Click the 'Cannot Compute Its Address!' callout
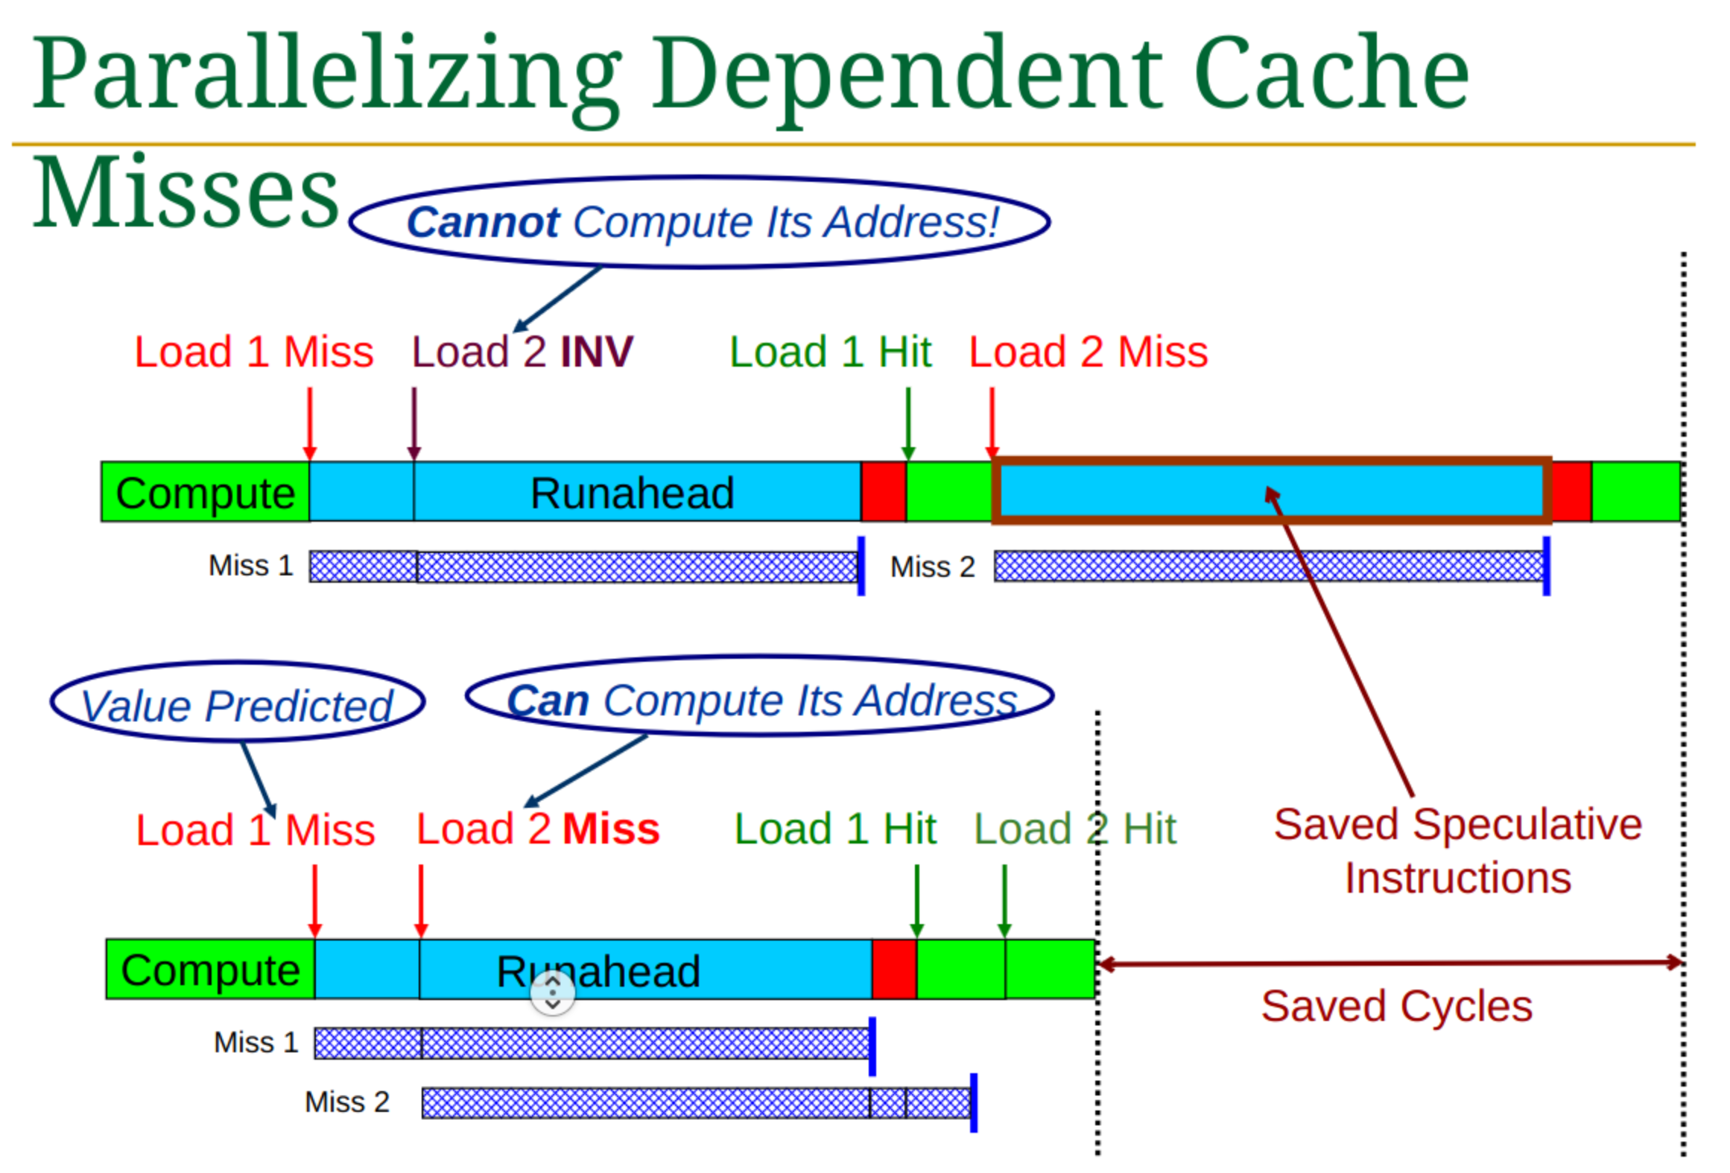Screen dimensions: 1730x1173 click(x=700, y=222)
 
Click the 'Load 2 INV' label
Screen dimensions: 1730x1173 click(x=522, y=352)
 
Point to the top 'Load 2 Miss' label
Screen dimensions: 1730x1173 click(x=1089, y=352)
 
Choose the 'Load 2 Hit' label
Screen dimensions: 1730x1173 click(x=1076, y=829)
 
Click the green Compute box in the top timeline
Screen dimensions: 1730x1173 click(x=206, y=492)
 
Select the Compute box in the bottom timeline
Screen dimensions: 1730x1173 click(x=211, y=969)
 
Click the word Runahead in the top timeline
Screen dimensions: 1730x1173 click(x=633, y=493)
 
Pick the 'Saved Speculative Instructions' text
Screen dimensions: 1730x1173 click(x=1458, y=851)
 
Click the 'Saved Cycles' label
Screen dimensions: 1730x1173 click(x=1397, y=1006)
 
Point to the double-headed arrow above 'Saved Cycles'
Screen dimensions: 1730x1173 click(x=1391, y=964)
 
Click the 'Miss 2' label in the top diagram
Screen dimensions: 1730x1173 click(x=933, y=567)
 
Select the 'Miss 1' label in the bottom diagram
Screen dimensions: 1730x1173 click(x=256, y=1042)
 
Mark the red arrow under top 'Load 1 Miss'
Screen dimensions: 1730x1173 click(x=310, y=424)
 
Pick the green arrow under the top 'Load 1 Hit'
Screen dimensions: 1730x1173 click(x=908, y=424)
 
